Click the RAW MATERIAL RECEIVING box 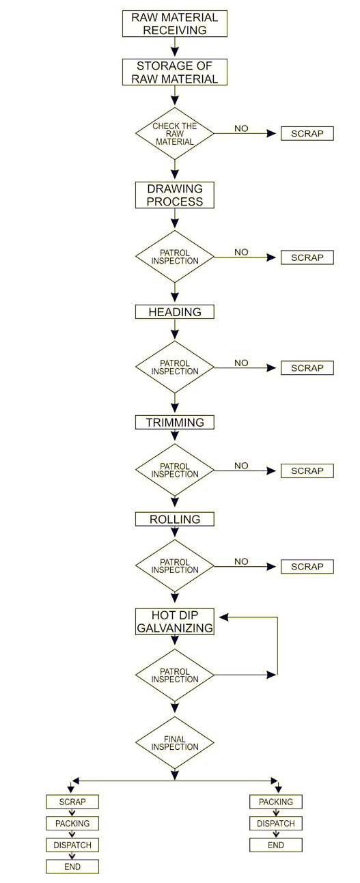coord(175,24)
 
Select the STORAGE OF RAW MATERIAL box coord(175,72)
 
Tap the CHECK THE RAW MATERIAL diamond coord(175,134)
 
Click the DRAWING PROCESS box coord(175,195)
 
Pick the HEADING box coord(175,312)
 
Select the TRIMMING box coord(175,422)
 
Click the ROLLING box coord(175,519)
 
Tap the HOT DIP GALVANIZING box coord(175,621)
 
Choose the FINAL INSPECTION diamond coord(175,743)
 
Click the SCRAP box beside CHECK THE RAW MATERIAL coord(307,134)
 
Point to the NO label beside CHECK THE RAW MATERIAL coord(241,128)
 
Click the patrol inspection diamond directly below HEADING coord(175,367)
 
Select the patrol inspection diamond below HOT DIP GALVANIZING coord(175,675)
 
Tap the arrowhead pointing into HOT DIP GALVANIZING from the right coord(224,617)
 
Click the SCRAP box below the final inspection coord(72,802)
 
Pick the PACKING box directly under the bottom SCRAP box coord(72,824)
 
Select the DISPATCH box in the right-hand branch coord(276,824)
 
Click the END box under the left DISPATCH coord(72,867)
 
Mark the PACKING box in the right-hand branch coord(276,802)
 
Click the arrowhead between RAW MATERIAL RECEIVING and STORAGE coord(175,52)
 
